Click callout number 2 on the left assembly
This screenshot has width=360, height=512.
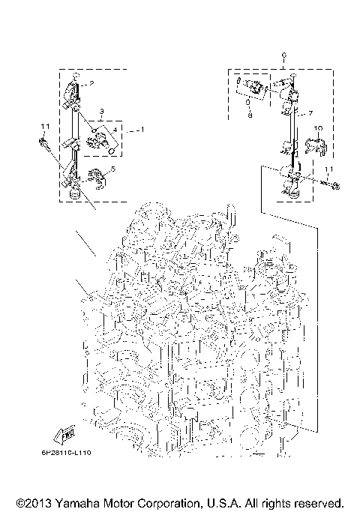(x=92, y=83)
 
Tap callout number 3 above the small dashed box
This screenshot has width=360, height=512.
(x=100, y=112)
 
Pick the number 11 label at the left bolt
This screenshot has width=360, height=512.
(x=44, y=125)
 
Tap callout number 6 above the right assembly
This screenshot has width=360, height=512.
(x=283, y=56)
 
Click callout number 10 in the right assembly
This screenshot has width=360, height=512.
(x=317, y=129)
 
